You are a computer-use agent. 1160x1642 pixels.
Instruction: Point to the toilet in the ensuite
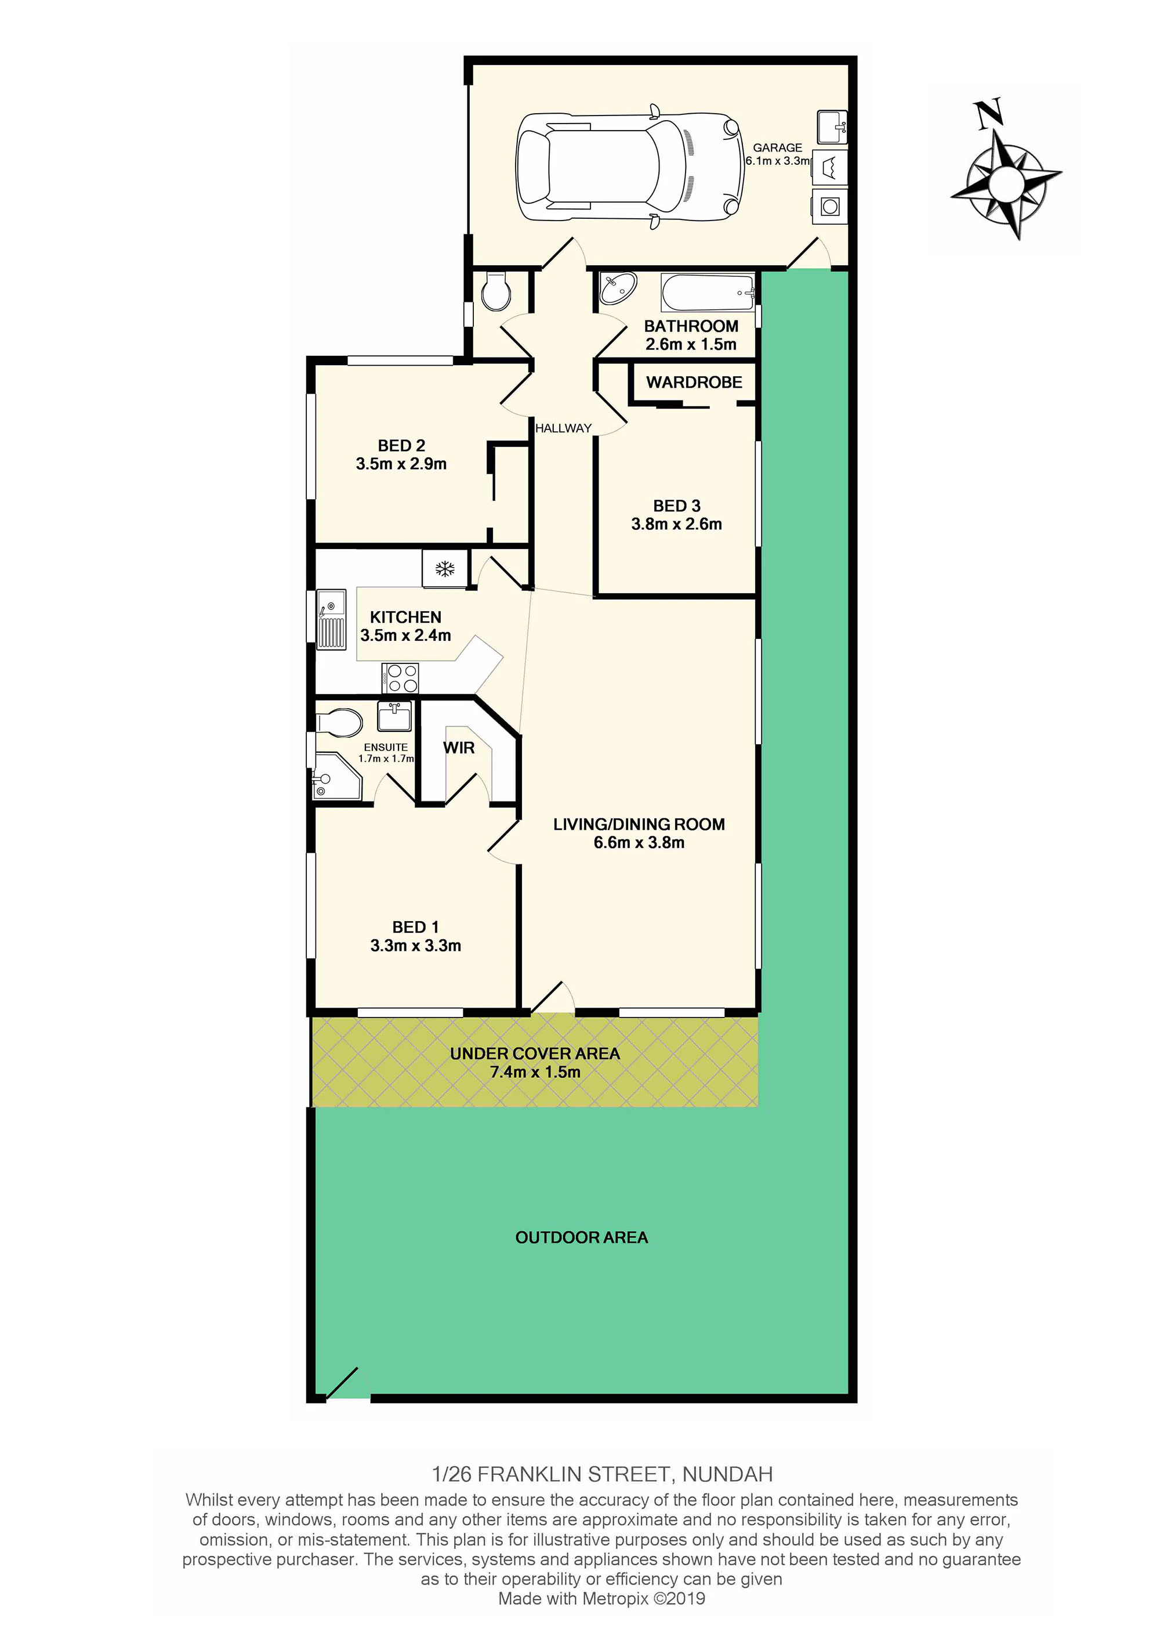pyautogui.click(x=338, y=722)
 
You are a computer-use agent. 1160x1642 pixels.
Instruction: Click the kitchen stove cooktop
pyautogui.click(x=401, y=677)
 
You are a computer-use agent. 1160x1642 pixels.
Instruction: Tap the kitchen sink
pyautogui.click(x=331, y=619)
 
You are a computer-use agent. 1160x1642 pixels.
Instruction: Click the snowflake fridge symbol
pyautogui.click(x=445, y=569)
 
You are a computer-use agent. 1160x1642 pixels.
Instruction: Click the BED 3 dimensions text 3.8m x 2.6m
pyautogui.click(x=676, y=524)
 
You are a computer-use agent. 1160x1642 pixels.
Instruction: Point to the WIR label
pyautogui.click(x=459, y=748)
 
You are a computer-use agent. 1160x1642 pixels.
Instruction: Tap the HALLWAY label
pyautogui.click(x=563, y=428)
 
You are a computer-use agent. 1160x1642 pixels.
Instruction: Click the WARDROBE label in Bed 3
pyautogui.click(x=694, y=382)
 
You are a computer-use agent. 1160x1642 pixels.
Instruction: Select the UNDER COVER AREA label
pyautogui.click(x=535, y=1053)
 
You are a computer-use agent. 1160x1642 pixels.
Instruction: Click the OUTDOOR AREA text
pyautogui.click(x=582, y=1238)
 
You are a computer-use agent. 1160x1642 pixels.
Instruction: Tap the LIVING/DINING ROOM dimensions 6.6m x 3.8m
pyautogui.click(x=639, y=842)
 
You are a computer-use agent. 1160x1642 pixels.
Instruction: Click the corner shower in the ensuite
pyautogui.click(x=338, y=776)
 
